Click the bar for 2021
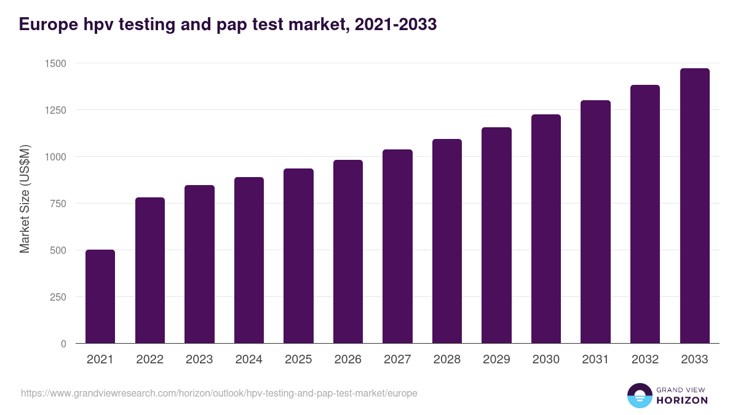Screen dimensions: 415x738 click(100, 296)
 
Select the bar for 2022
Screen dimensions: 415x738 click(150, 271)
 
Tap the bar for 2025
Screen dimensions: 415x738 click(298, 256)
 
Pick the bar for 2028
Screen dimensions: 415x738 click(447, 241)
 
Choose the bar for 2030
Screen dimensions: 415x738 click(546, 229)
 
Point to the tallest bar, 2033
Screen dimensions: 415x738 click(694, 206)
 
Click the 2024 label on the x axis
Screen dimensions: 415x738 click(249, 360)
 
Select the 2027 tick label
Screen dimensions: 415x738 click(397, 360)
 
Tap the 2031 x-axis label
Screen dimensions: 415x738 click(595, 360)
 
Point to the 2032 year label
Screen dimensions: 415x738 click(645, 360)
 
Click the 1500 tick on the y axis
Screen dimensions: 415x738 click(55, 63)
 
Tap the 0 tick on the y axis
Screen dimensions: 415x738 click(63, 344)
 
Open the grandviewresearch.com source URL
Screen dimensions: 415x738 click(219, 393)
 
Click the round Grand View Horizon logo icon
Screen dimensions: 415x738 click(640, 396)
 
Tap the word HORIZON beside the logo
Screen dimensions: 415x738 click(682, 400)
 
